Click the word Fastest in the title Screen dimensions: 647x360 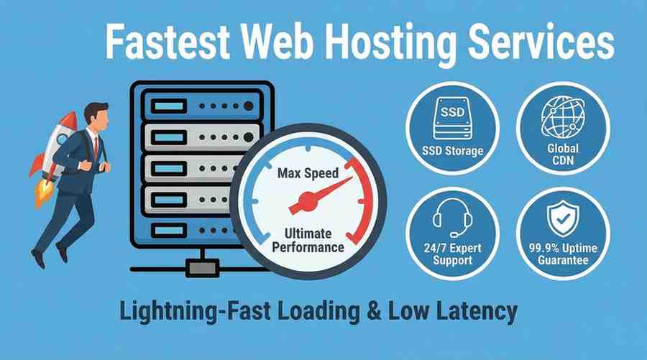(x=168, y=41)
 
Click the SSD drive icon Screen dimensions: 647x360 (x=453, y=119)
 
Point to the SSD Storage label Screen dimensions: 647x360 (x=453, y=151)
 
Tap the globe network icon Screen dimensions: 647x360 (x=563, y=118)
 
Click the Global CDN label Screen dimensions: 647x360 (x=563, y=154)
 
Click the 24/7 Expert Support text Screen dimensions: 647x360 (x=453, y=254)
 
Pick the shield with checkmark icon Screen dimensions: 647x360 (x=563, y=218)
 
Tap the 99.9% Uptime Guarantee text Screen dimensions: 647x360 (x=563, y=254)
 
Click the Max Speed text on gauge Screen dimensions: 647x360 (x=308, y=173)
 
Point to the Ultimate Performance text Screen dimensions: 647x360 (x=308, y=241)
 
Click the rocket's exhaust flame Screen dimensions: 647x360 (x=43, y=192)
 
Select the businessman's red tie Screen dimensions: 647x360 (x=96, y=147)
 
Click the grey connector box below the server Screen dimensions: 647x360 (x=202, y=268)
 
